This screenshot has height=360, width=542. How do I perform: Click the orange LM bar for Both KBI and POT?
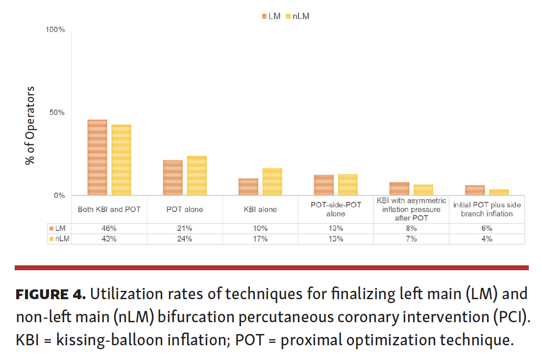(97, 158)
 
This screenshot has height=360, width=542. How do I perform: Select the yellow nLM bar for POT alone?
(197, 176)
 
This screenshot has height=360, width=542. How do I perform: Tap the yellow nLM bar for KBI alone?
(272, 182)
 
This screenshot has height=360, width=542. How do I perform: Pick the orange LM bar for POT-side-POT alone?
(323, 185)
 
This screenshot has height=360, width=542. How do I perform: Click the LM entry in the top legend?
(271, 16)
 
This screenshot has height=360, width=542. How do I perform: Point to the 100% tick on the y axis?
(55, 30)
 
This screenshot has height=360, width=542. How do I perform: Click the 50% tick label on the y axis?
(57, 112)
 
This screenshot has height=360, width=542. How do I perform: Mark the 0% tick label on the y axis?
(59, 195)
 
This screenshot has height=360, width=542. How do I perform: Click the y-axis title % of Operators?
(30, 125)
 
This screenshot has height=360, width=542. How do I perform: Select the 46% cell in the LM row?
(109, 229)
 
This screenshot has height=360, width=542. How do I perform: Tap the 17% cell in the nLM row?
(260, 239)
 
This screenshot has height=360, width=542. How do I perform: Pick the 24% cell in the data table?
(185, 239)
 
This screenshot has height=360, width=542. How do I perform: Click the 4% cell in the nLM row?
(487, 239)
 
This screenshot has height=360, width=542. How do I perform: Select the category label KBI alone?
(260, 209)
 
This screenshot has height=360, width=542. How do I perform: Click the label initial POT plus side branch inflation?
(487, 209)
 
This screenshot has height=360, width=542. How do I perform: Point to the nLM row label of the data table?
(60, 239)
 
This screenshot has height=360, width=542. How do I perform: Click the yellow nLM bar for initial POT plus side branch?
(499, 192)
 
